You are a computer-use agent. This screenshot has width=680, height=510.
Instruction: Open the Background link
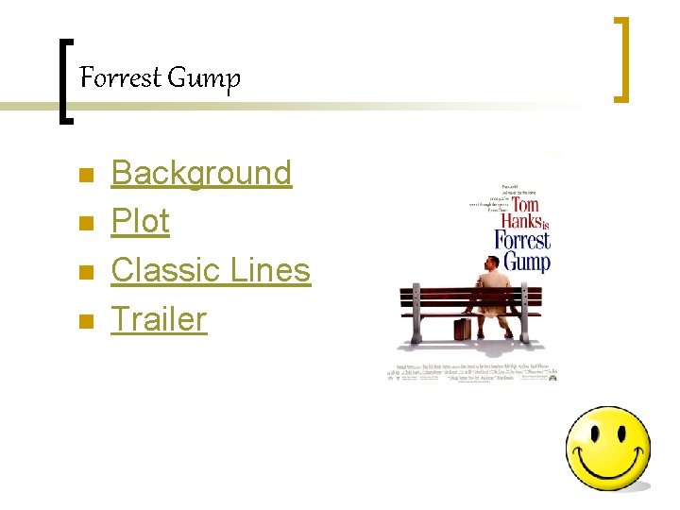[201, 173]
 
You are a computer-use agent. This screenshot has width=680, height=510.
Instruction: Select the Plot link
[140, 221]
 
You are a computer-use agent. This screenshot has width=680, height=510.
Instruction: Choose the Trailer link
[159, 318]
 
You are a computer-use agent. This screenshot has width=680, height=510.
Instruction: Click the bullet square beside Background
[85, 176]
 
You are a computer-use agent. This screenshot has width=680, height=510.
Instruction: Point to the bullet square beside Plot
[85, 224]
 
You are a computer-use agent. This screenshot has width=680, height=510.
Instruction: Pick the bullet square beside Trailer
[85, 321]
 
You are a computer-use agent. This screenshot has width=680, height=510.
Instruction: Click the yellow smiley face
[607, 449]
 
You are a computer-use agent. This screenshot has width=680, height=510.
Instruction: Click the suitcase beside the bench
[462, 329]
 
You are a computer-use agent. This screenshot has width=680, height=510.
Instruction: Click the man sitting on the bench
[494, 288]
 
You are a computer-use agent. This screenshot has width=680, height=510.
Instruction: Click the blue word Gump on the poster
[526, 261]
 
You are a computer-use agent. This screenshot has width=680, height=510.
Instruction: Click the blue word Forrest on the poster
[521, 240]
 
